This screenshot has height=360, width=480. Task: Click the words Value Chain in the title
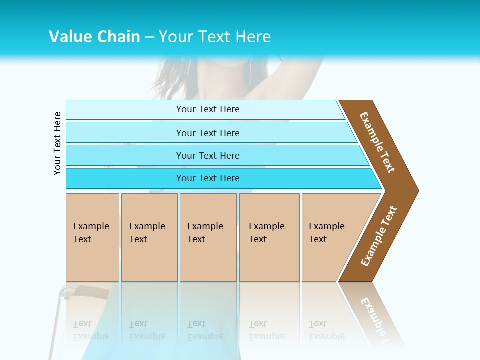click(x=94, y=36)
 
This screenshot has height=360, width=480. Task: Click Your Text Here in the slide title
click(x=215, y=36)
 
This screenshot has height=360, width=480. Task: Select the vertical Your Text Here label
click(x=57, y=143)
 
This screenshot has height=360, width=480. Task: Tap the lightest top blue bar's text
click(x=208, y=109)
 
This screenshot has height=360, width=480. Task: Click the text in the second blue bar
click(x=208, y=133)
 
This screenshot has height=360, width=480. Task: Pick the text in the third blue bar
click(x=208, y=155)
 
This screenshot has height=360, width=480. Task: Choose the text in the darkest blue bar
click(x=208, y=178)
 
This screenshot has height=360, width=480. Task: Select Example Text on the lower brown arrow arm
click(x=379, y=236)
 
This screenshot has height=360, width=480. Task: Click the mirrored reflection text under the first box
click(x=91, y=331)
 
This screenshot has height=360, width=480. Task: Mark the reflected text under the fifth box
click(x=327, y=331)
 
